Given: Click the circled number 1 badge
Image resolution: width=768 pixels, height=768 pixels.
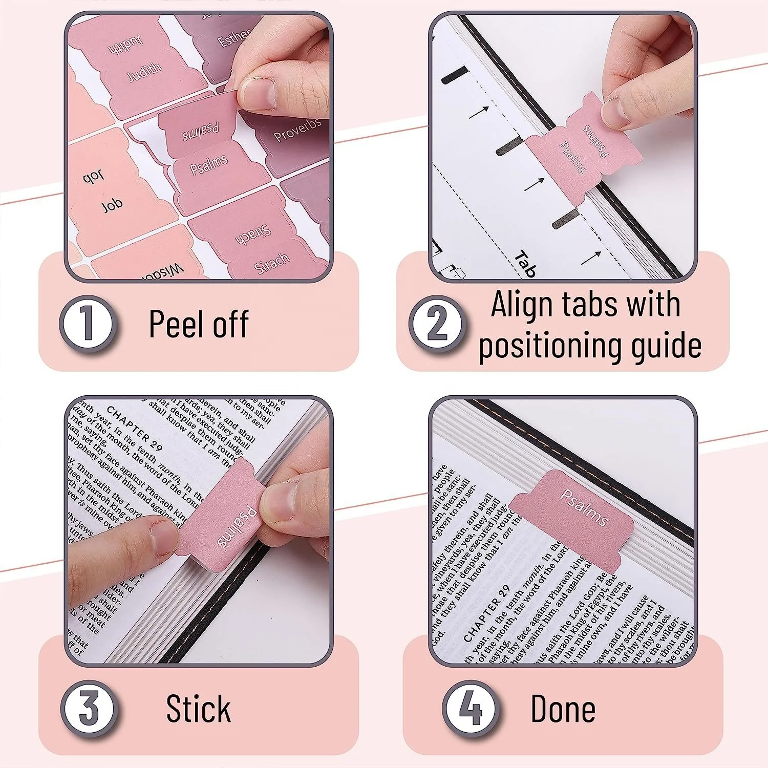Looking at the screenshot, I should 88,324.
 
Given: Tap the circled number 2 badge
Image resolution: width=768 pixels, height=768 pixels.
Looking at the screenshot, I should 437,324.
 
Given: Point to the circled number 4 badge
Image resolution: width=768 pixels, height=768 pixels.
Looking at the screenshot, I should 470,709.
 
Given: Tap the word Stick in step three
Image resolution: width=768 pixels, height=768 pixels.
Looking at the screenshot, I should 199,709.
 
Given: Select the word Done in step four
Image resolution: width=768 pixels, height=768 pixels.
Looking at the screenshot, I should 563,709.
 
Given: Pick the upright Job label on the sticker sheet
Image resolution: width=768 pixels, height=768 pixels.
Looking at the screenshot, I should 112,205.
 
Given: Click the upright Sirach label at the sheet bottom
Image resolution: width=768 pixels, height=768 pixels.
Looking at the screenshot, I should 271,264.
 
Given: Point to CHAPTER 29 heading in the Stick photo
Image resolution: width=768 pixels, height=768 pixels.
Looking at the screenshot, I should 134,428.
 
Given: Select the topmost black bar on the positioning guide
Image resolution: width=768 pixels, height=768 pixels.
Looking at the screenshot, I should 455,75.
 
